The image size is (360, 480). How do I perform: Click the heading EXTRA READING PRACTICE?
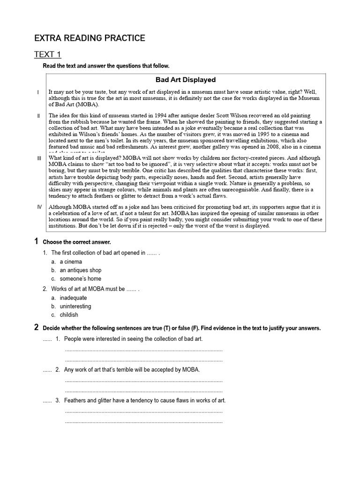[x=90, y=38]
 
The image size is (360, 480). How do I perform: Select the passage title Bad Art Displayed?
[x=185, y=80]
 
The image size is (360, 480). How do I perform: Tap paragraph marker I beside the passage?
[x=38, y=92]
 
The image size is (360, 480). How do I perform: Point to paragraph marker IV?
[x=39, y=207]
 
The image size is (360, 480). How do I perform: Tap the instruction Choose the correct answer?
[x=77, y=242]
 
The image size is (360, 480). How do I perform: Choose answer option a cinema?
[x=70, y=262]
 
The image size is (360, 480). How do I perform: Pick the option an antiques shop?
[x=80, y=270]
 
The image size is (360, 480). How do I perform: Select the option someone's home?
[x=80, y=278]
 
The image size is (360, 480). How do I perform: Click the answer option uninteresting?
[x=75, y=306]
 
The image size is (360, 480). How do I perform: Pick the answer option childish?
[x=69, y=315]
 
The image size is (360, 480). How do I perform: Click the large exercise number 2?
[x=36, y=328]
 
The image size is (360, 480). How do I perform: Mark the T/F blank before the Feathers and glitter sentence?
[x=47, y=401]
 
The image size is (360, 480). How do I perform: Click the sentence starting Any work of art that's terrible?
[x=132, y=370]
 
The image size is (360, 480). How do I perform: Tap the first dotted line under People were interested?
[x=143, y=350]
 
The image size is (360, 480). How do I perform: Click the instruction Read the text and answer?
[x=106, y=66]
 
